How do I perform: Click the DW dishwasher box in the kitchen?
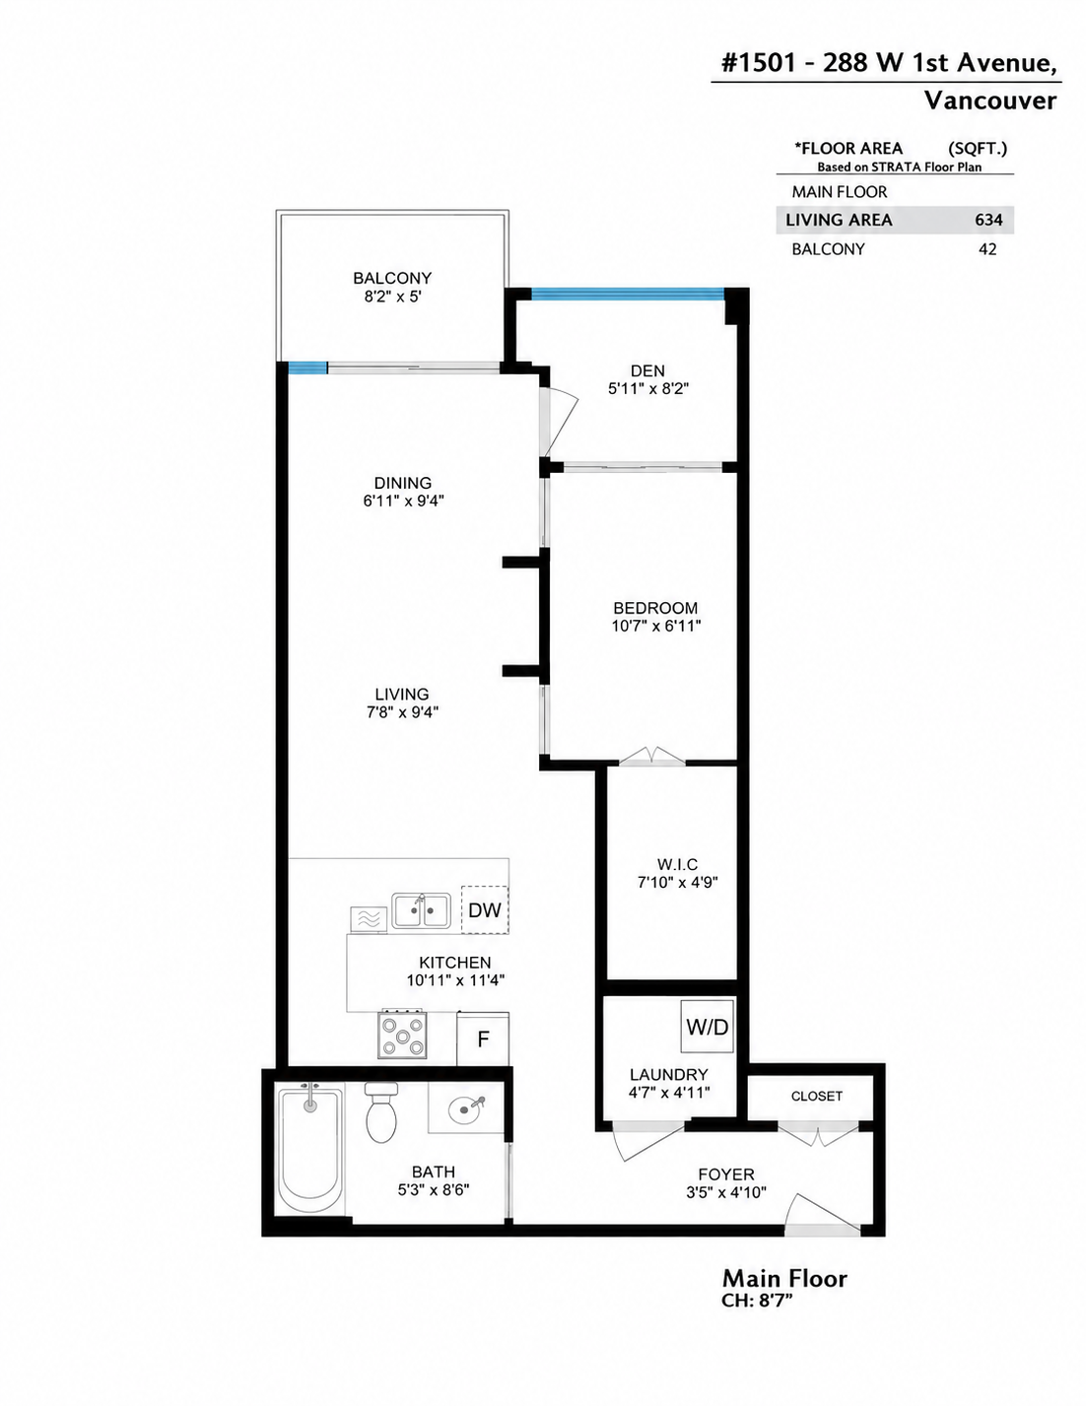click(484, 909)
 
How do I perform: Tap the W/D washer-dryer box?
click(707, 1027)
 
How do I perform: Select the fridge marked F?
click(482, 1039)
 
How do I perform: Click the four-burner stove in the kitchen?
click(402, 1035)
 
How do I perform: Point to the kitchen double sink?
click(422, 911)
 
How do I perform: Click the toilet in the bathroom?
click(381, 1111)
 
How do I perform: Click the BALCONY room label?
click(392, 278)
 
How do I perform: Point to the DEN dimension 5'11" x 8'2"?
click(647, 389)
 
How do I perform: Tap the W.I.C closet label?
click(678, 864)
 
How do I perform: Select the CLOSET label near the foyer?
click(816, 1096)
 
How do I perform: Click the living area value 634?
click(988, 220)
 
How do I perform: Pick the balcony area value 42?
click(987, 249)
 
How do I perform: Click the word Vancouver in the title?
click(989, 100)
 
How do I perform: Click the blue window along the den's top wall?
click(627, 295)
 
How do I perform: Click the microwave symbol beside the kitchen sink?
click(369, 919)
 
